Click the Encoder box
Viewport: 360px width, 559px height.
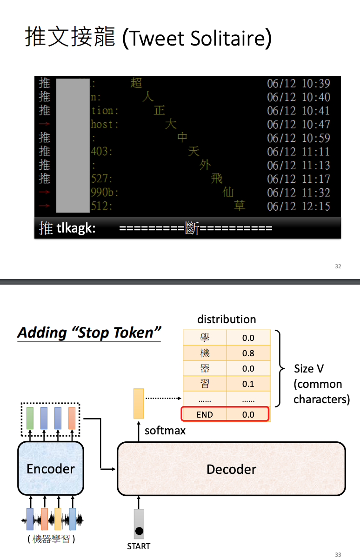[x=51, y=468]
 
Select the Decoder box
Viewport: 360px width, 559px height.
[x=231, y=469]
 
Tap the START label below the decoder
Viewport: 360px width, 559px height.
[x=139, y=546]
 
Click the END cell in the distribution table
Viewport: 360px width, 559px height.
[x=205, y=414]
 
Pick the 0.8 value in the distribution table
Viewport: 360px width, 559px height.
[x=248, y=353]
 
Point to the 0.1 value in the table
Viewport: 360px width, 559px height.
[x=248, y=384]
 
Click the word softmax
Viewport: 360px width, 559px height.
[x=165, y=431]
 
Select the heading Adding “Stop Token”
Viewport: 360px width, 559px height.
[x=89, y=333]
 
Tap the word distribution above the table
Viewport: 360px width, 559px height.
[x=227, y=319]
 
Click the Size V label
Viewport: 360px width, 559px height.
[x=309, y=369]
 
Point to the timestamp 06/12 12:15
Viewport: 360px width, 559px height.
[x=298, y=206]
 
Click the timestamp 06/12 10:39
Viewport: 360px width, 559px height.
[x=298, y=84]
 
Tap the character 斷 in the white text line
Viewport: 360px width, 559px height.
[x=192, y=228]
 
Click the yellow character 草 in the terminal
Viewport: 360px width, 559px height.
[x=240, y=206]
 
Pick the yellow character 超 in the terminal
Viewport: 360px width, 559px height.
[x=136, y=83]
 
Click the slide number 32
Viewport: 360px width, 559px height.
[x=338, y=266]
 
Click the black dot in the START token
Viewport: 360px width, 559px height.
[x=139, y=531]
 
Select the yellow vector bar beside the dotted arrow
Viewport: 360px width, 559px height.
[x=139, y=403]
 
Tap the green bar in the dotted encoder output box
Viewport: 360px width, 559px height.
[x=30, y=418]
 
